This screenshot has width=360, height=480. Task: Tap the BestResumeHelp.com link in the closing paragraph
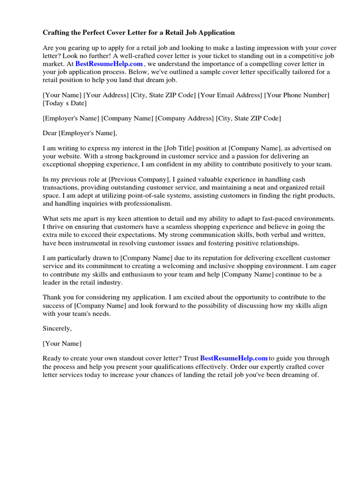coord(234,358)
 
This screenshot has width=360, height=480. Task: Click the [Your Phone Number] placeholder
coord(297,95)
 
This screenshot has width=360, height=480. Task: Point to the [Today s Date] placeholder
coord(65,103)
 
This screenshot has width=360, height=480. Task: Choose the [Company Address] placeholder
coord(185,118)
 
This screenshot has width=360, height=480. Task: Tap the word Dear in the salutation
coord(50,133)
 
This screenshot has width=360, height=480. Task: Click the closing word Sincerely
coord(57,328)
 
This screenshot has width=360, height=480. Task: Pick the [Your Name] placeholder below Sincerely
coord(62,343)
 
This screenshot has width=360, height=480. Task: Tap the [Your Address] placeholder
coord(106,95)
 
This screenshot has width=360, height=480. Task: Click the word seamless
coord(179,226)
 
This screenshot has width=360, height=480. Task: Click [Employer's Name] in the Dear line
coord(88,133)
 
